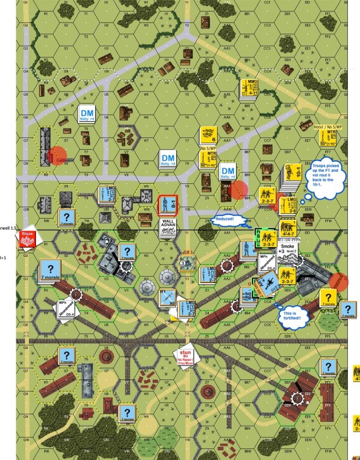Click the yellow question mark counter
coord(328,297)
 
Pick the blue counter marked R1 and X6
coord(167,297)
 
